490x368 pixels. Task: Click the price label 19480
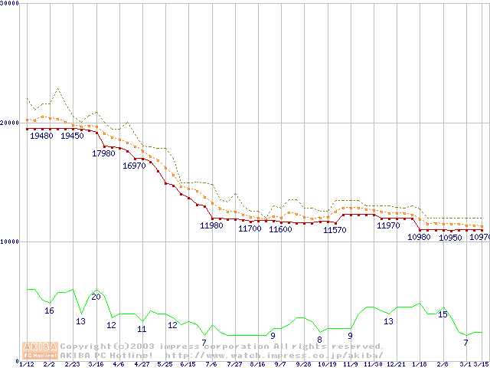[41, 136]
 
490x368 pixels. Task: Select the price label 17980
[103, 153]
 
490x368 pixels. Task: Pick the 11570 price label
[335, 230]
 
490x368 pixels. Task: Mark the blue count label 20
[96, 297]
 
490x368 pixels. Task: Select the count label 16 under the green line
[49, 310]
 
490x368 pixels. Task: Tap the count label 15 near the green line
[443, 314]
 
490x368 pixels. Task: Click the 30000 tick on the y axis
[10, 3]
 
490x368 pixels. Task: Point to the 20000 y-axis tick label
[10, 123]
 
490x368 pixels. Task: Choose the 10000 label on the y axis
[10, 242]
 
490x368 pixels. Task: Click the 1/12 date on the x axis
[26, 364]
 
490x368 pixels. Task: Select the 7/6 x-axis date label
[211, 364]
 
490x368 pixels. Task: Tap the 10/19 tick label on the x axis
[327, 364]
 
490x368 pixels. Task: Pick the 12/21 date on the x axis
[396, 364]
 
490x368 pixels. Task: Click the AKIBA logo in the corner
[40, 350]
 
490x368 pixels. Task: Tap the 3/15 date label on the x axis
[481, 364]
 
